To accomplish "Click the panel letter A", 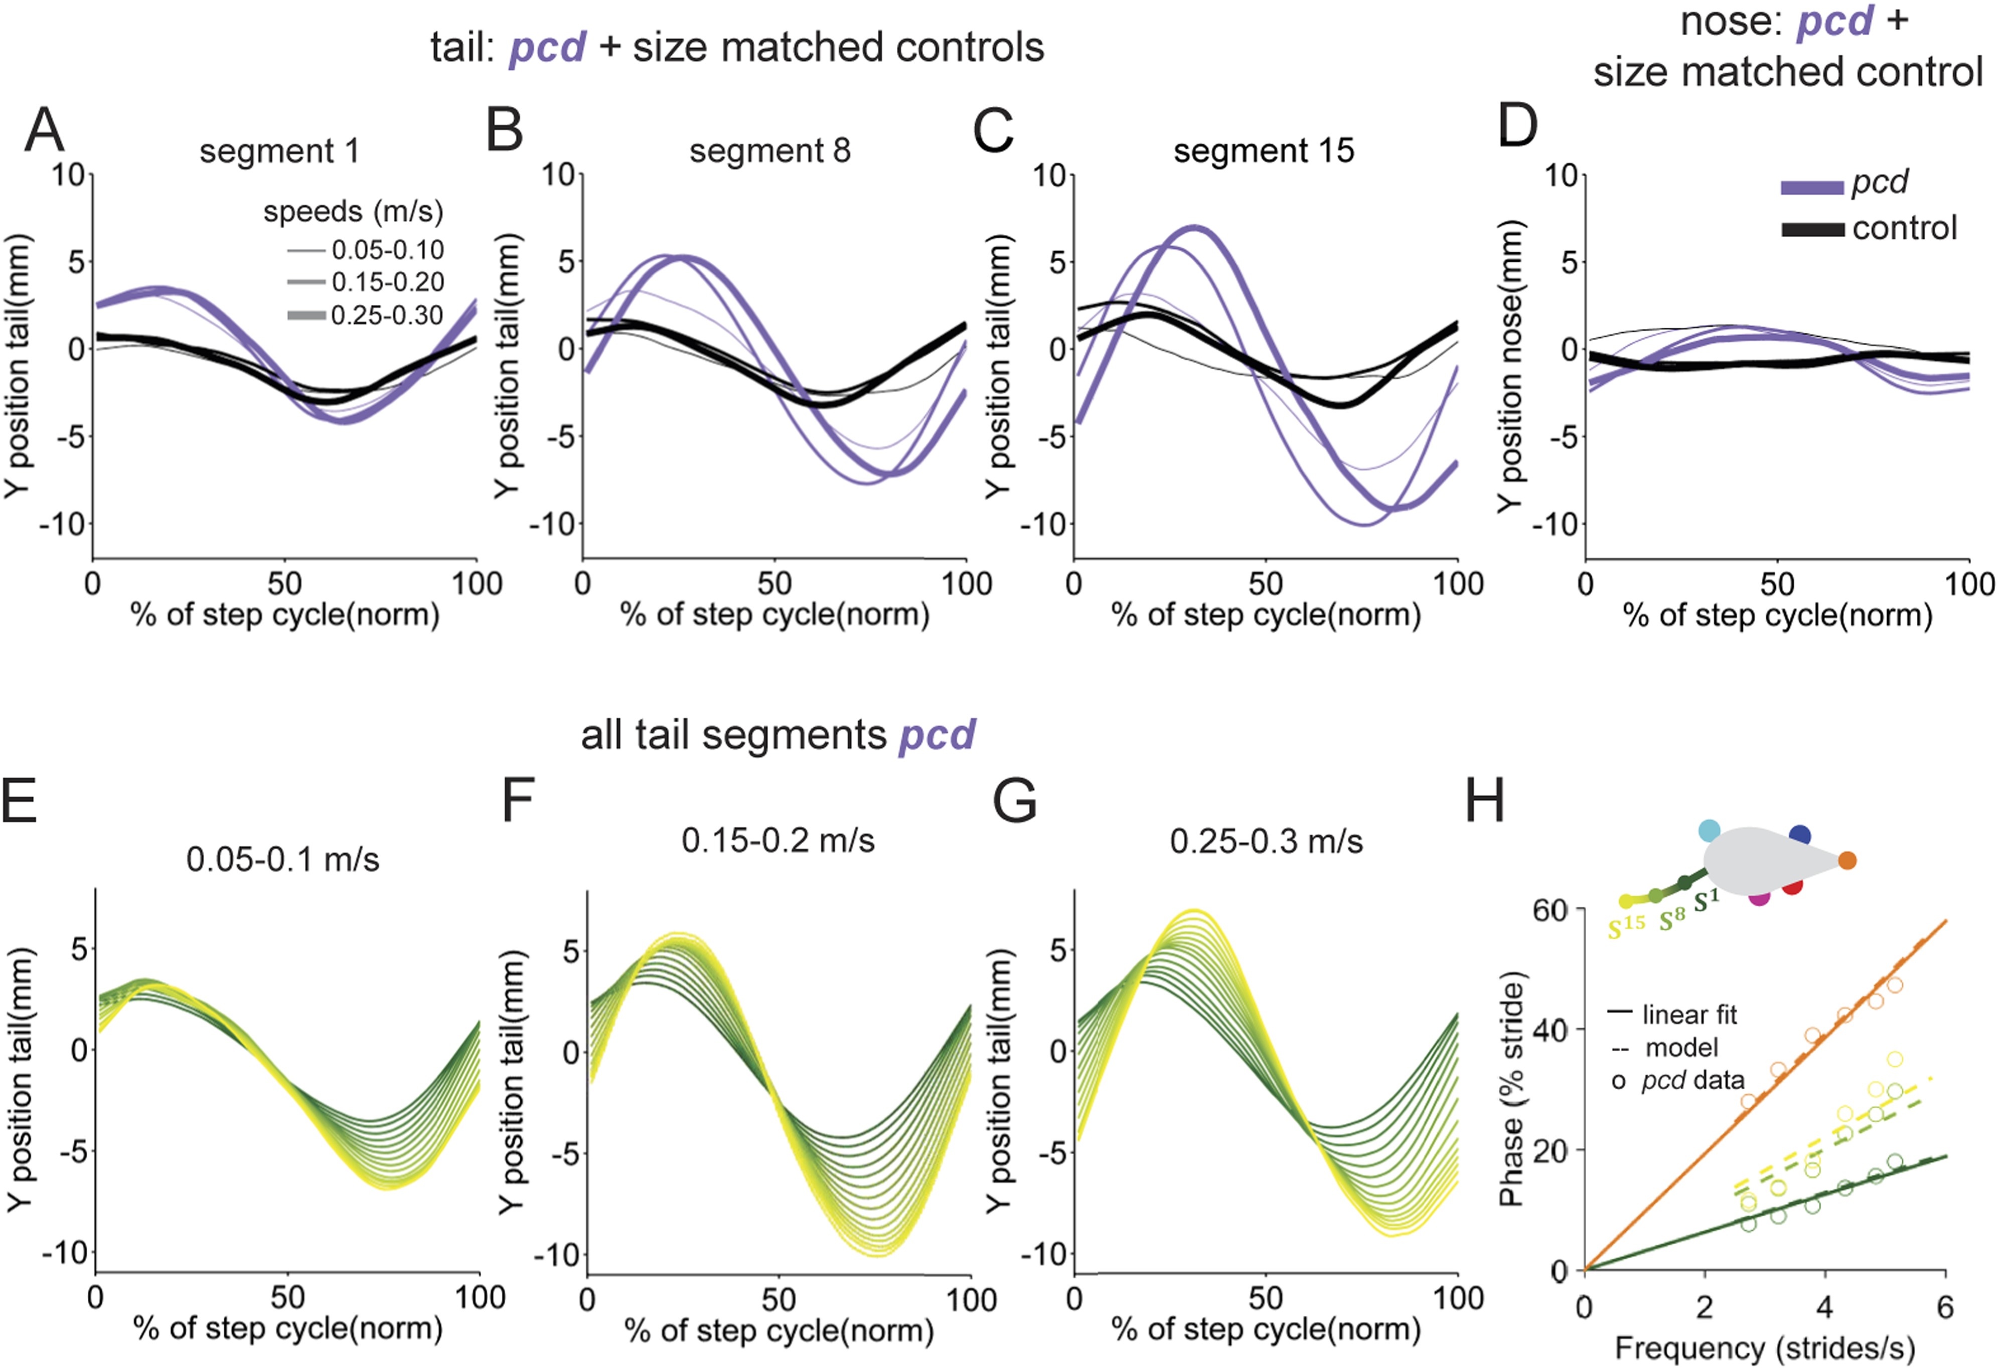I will (x=45, y=131).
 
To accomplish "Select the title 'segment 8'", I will (x=770, y=151).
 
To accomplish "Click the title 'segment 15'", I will (x=1264, y=151).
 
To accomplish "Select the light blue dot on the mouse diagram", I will (x=1709, y=831).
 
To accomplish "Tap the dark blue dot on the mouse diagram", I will (x=1799, y=835).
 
